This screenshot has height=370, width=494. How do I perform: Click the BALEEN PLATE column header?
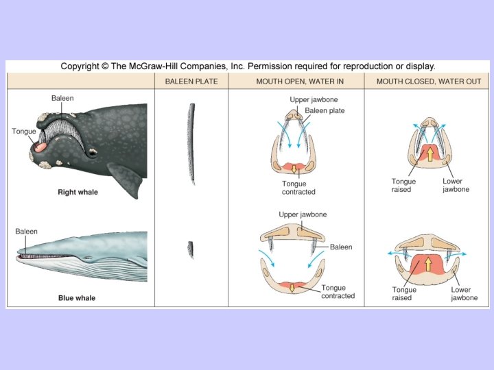[191, 82]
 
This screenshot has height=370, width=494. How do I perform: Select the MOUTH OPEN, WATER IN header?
[296, 82]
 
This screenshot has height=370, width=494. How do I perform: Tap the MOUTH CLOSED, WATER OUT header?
[427, 82]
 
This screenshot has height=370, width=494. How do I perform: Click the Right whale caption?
[78, 193]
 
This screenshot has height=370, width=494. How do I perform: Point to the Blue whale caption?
[77, 298]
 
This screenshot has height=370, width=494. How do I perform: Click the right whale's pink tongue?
[40, 145]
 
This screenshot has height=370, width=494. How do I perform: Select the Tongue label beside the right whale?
[24, 131]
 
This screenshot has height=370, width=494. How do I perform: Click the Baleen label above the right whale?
[62, 99]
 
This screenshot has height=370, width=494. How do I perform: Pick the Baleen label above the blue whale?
[27, 232]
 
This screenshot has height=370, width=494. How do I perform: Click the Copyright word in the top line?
[80, 66]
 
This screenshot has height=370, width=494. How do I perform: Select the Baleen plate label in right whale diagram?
[327, 110]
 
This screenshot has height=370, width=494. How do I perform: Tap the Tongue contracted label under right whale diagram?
[298, 188]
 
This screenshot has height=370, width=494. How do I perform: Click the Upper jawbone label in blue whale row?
[303, 214]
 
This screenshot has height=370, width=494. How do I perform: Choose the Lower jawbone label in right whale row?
[456, 185]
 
